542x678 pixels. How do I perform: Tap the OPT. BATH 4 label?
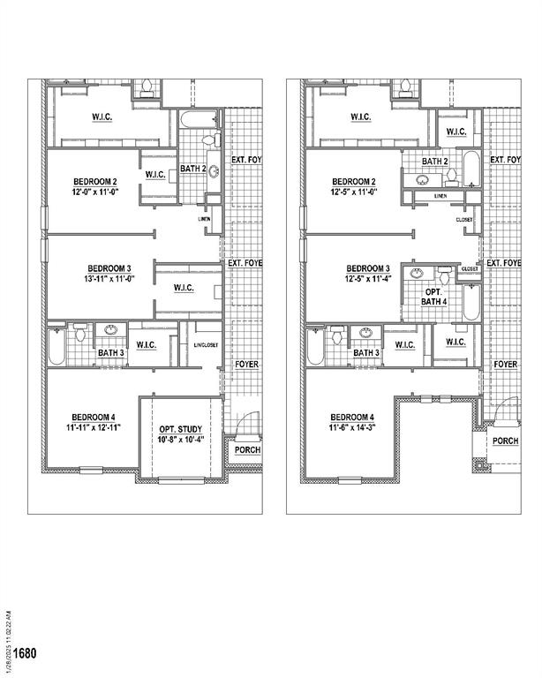[x=434, y=297]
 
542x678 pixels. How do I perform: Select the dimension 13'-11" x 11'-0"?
[x=109, y=280]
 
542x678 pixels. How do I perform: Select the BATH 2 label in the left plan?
[x=193, y=168]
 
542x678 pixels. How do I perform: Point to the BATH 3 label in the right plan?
[x=366, y=353]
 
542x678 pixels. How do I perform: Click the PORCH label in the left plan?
[x=246, y=449]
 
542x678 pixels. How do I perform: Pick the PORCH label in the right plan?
[x=505, y=441]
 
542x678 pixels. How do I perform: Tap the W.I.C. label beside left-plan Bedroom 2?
[x=156, y=174]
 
